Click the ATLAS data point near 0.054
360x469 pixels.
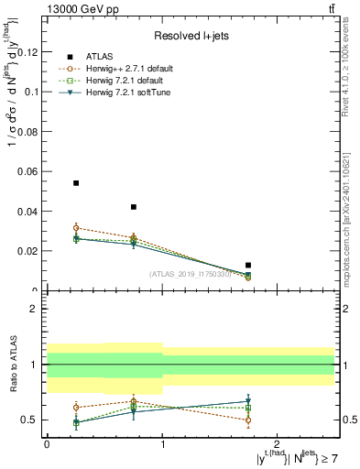[x=76, y=183]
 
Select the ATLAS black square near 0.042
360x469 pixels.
[x=134, y=207]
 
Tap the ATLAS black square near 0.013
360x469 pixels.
[x=248, y=265]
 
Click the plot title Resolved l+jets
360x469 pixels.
[x=191, y=36]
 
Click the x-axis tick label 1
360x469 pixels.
[x=162, y=443]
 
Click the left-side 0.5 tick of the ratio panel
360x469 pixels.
[x=32, y=420]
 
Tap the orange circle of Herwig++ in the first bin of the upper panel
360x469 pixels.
[x=76, y=227]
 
